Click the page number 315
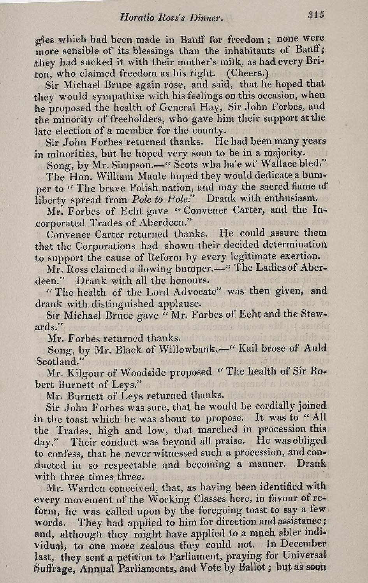(316, 15)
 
